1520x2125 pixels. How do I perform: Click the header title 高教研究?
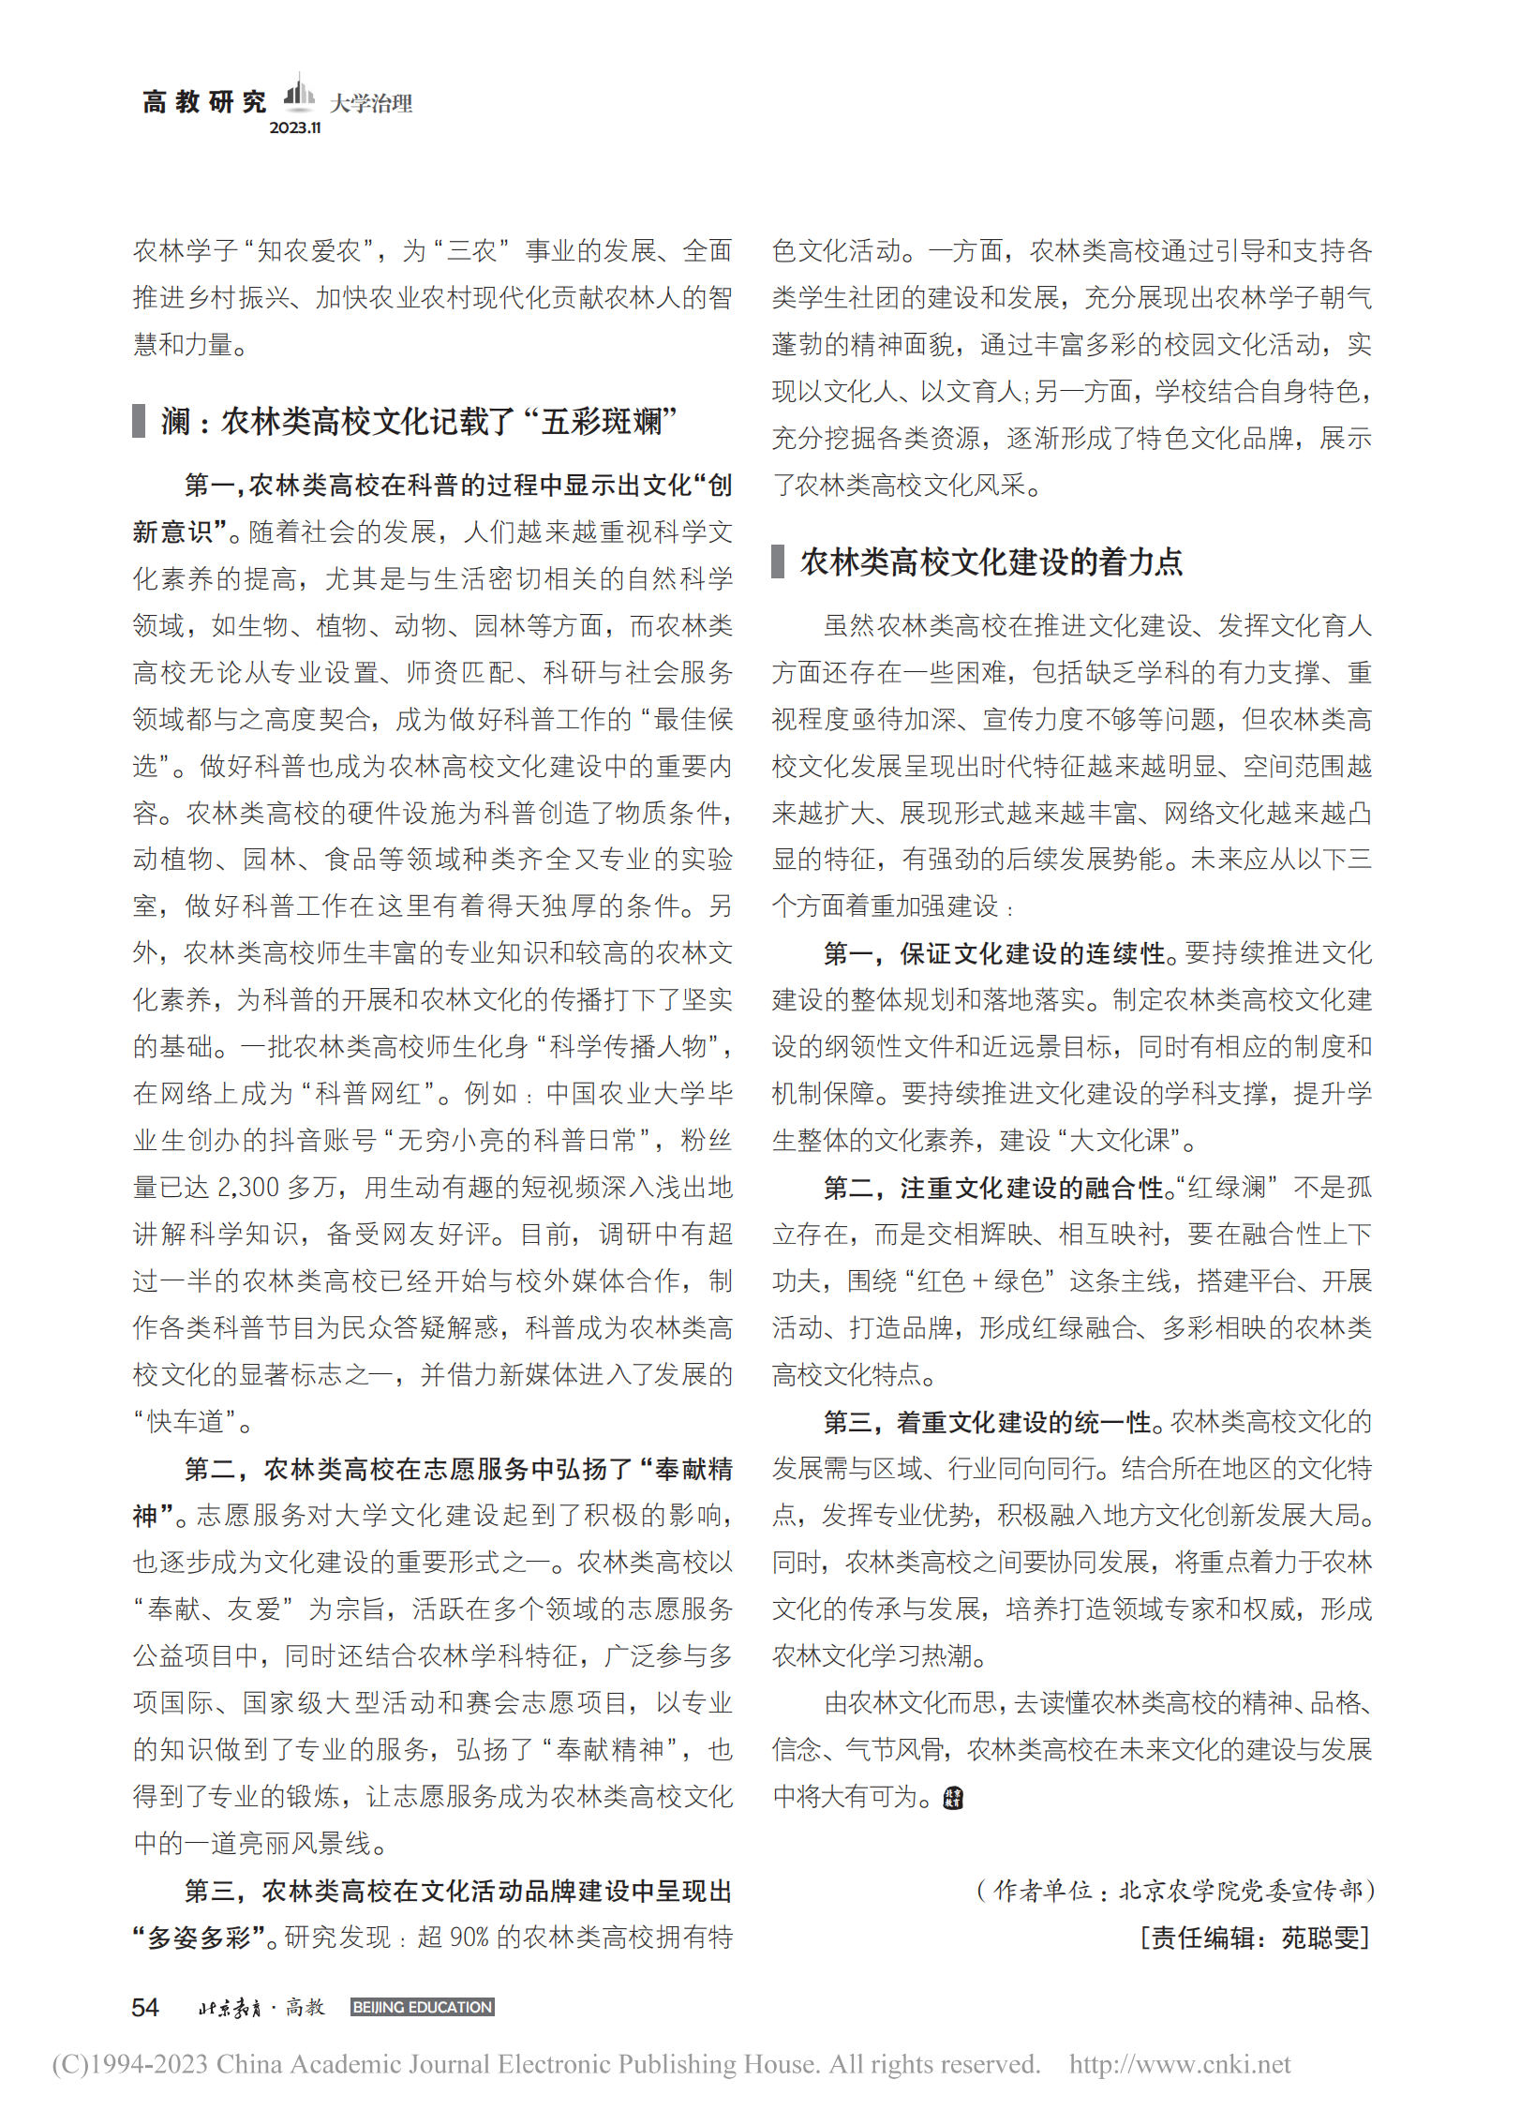click(x=204, y=101)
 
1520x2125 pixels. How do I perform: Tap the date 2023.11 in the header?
click(x=295, y=128)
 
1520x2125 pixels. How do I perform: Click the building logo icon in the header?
click(x=298, y=93)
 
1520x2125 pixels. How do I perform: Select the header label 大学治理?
click(x=371, y=103)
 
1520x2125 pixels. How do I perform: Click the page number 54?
click(x=145, y=2008)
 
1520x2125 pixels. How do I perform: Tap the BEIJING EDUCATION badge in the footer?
click(x=422, y=2008)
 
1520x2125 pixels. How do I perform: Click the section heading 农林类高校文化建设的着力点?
click(x=991, y=562)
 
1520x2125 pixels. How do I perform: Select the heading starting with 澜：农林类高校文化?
click(x=418, y=422)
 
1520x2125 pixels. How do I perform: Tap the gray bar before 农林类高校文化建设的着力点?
click(x=778, y=562)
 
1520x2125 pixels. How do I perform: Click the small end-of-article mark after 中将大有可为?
click(x=953, y=1798)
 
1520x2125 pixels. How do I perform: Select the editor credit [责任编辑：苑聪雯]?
click(x=1256, y=1938)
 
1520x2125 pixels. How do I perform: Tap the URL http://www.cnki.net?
click(x=1179, y=2065)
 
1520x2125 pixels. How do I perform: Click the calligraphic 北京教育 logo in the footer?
click(x=230, y=2008)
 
